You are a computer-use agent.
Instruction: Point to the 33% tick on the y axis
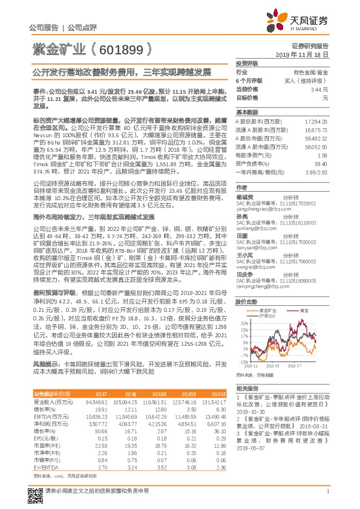click(240, 323)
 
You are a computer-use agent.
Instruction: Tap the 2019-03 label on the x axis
click(271, 366)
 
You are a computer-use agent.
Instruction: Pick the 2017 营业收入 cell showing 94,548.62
click(96, 401)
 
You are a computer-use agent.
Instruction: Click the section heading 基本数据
click(247, 112)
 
